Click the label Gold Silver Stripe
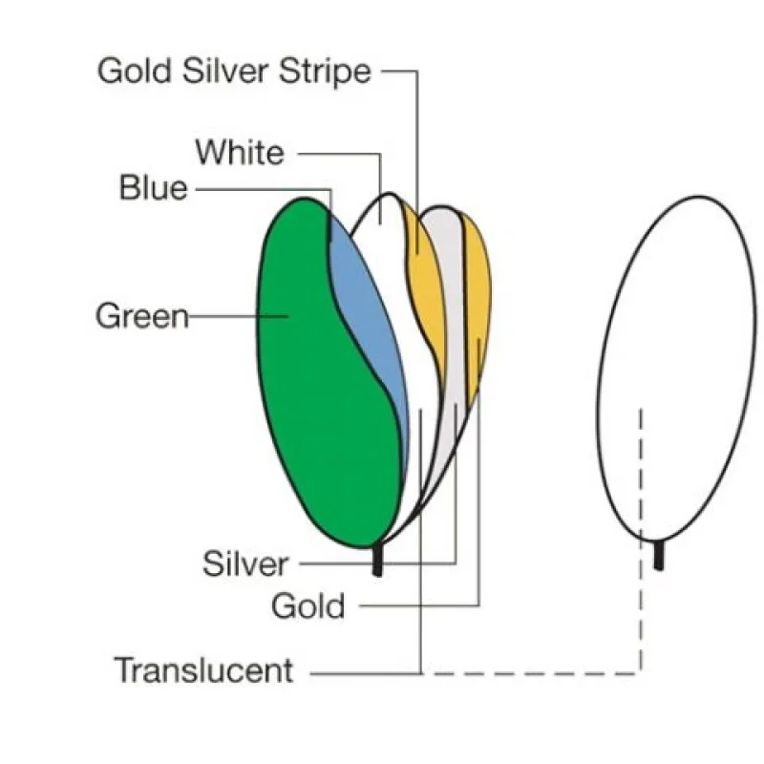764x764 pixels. pyautogui.click(x=234, y=72)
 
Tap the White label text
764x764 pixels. pyautogui.click(x=240, y=153)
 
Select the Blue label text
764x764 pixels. pyautogui.click(x=153, y=188)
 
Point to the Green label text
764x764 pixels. pyautogui.click(x=142, y=316)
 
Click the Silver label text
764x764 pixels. pyautogui.click(x=244, y=563)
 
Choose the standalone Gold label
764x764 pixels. pyautogui.click(x=308, y=605)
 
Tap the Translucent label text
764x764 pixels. pyautogui.click(x=203, y=670)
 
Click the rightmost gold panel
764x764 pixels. pyautogui.click(x=477, y=296)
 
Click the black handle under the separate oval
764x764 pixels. pyautogui.click(x=659, y=555)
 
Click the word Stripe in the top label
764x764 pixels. pyautogui.click(x=326, y=72)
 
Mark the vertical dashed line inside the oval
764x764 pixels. pyautogui.click(x=642, y=477)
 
